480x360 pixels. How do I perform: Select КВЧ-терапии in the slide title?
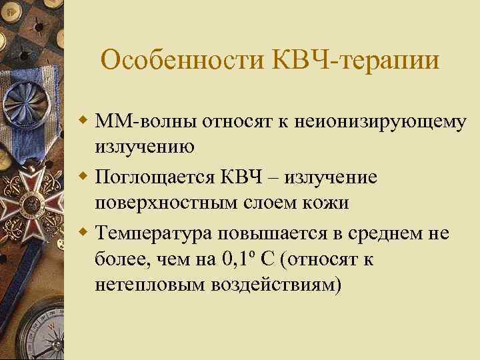[x=356, y=61]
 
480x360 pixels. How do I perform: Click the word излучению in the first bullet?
[x=145, y=147]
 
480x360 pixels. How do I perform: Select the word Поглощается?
[x=155, y=177]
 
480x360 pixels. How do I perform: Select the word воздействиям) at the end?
[x=277, y=284]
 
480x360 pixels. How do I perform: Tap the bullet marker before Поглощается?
[x=83, y=177]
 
